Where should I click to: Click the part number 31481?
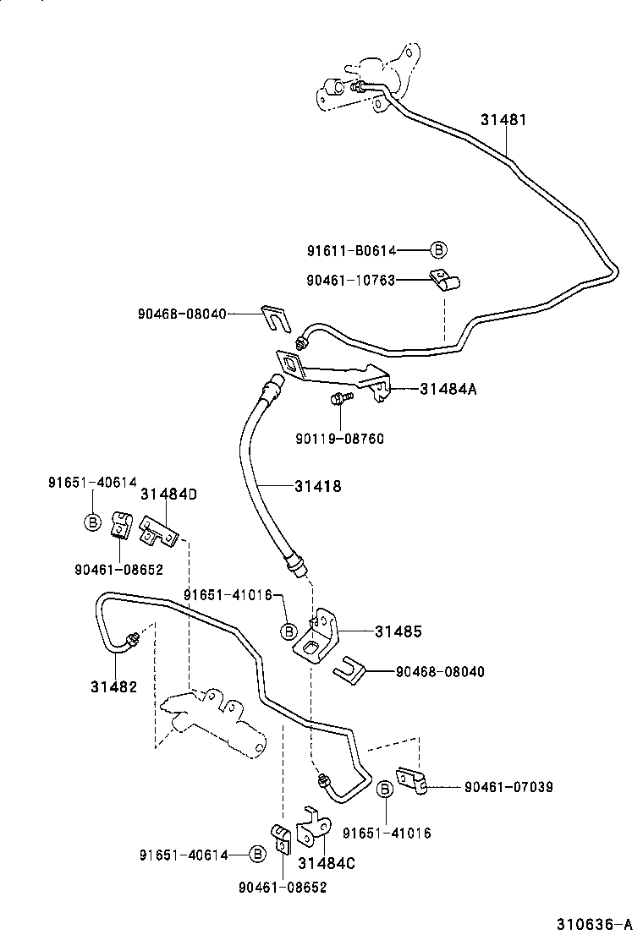pyautogui.click(x=503, y=120)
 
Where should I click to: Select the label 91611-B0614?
pyautogui.click(x=352, y=250)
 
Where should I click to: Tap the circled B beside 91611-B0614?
pyautogui.click(x=437, y=250)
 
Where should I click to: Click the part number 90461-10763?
pyautogui.click(x=352, y=280)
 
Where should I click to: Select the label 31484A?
pyautogui.click(x=448, y=389)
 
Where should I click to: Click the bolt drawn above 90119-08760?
pyautogui.click(x=339, y=398)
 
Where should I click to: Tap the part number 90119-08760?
pyautogui.click(x=339, y=439)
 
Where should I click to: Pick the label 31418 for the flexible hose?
pyautogui.click(x=318, y=487)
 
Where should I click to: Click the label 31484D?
pyautogui.click(x=169, y=494)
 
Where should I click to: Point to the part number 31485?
pyautogui.click(x=398, y=631)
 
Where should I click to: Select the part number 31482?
pyautogui.click(x=114, y=686)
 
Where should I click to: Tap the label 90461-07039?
pyautogui.click(x=508, y=787)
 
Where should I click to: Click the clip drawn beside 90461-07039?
pyautogui.click(x=412, y=782)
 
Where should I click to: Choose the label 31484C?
pyautogui.click(x=326, y=862)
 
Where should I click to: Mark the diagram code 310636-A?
pyautogui.click(x=594, y=923)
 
